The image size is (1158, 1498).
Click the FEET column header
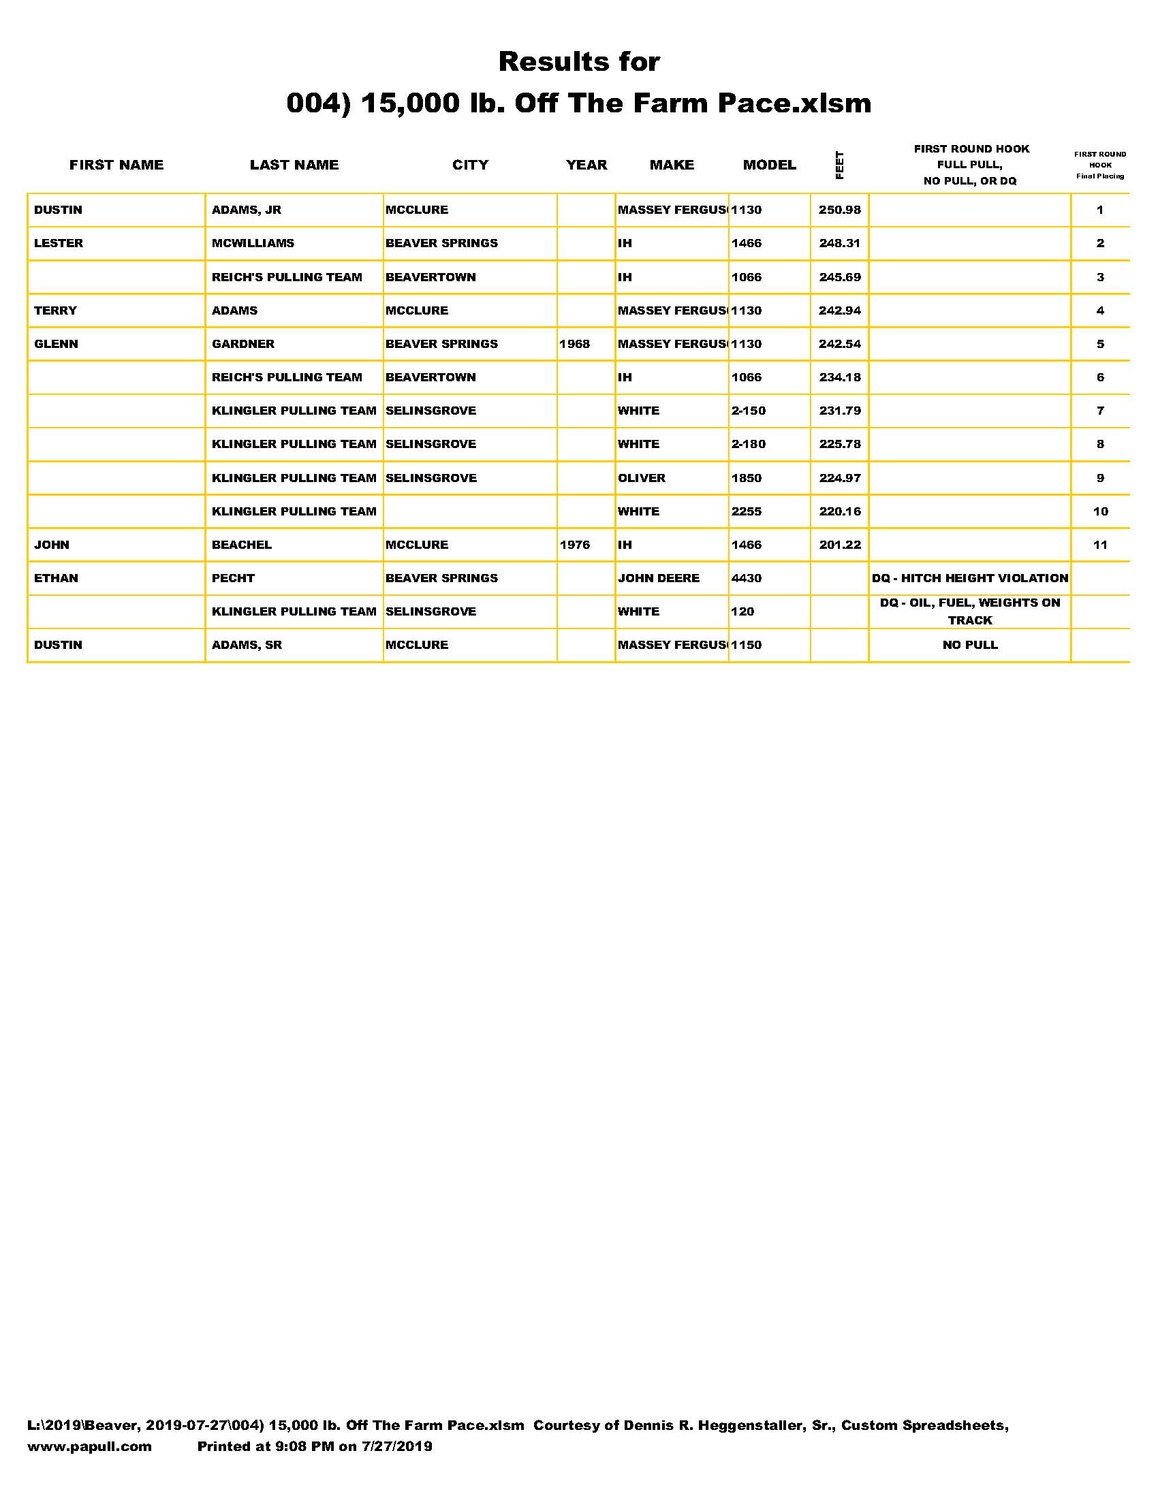click(x=839, y=165)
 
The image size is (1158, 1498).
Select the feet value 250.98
click(x=839, y=210)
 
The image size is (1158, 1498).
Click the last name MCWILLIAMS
click(x=253, y=244)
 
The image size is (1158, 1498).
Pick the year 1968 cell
click(x=574, y=345)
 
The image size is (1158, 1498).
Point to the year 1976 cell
click(x=574, y=545)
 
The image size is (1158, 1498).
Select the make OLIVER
click(x=642, y=478)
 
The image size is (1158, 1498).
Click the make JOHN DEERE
click(x=659, y=578)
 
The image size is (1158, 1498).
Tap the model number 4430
click(x=747, y=578)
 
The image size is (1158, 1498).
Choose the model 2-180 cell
click(x=748, y=445)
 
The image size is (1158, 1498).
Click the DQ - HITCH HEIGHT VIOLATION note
click(x=970, y=578)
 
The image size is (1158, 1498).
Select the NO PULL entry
click(x=970, y=646)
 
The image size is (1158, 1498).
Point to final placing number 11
click(x=1100, y=545)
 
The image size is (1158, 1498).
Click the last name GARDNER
click(x=243, y=345)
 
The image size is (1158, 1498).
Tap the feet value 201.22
click(x=840, y=545)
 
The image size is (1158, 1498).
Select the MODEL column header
click(x=769, y=165)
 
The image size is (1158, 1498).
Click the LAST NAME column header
click(x=294, y=165)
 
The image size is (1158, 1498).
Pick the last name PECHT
click(x=232, y=578)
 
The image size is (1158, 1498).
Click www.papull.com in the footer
click(x=89, y=1446)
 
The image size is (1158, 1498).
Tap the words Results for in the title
click(x=579, y=62)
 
